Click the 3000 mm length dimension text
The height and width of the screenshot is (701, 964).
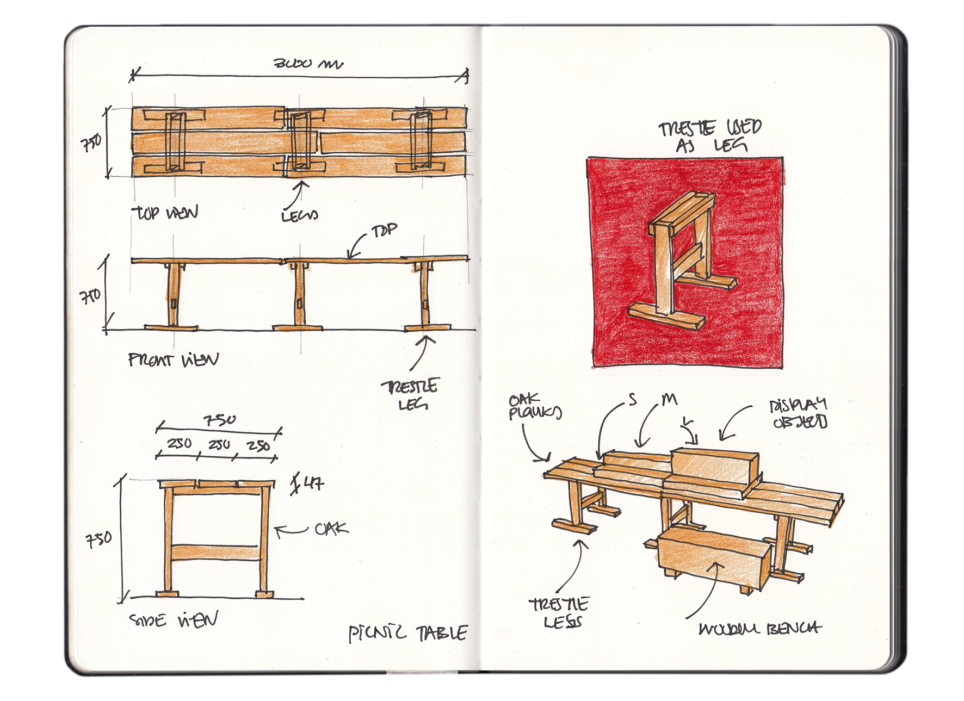click(308, 64)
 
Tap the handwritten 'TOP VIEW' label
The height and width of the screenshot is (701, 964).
click(165, 213)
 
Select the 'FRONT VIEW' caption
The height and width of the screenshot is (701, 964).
click(173, 360)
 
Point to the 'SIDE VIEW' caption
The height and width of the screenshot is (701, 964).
click(174, 620)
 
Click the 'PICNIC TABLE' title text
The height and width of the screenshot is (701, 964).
click(407, 633)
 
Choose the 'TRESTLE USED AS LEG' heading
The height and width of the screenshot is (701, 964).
click(710, 136)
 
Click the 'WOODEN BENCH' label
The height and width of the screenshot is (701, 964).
click(760, 629)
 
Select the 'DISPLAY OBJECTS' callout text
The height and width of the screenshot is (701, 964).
click(798, 413)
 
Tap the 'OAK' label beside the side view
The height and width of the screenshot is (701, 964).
click(331, 529)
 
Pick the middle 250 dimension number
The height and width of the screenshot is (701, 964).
click(219, 445)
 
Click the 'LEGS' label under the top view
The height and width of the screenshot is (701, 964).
click(299, 216)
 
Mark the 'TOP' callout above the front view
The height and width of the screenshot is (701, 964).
click(384, 231)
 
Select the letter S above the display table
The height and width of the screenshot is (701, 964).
click(632, 400)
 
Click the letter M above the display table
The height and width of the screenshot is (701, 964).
click(669, 400)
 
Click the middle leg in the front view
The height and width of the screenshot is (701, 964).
click(298, 296)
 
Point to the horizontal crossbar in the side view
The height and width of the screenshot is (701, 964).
click(216, 553)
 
